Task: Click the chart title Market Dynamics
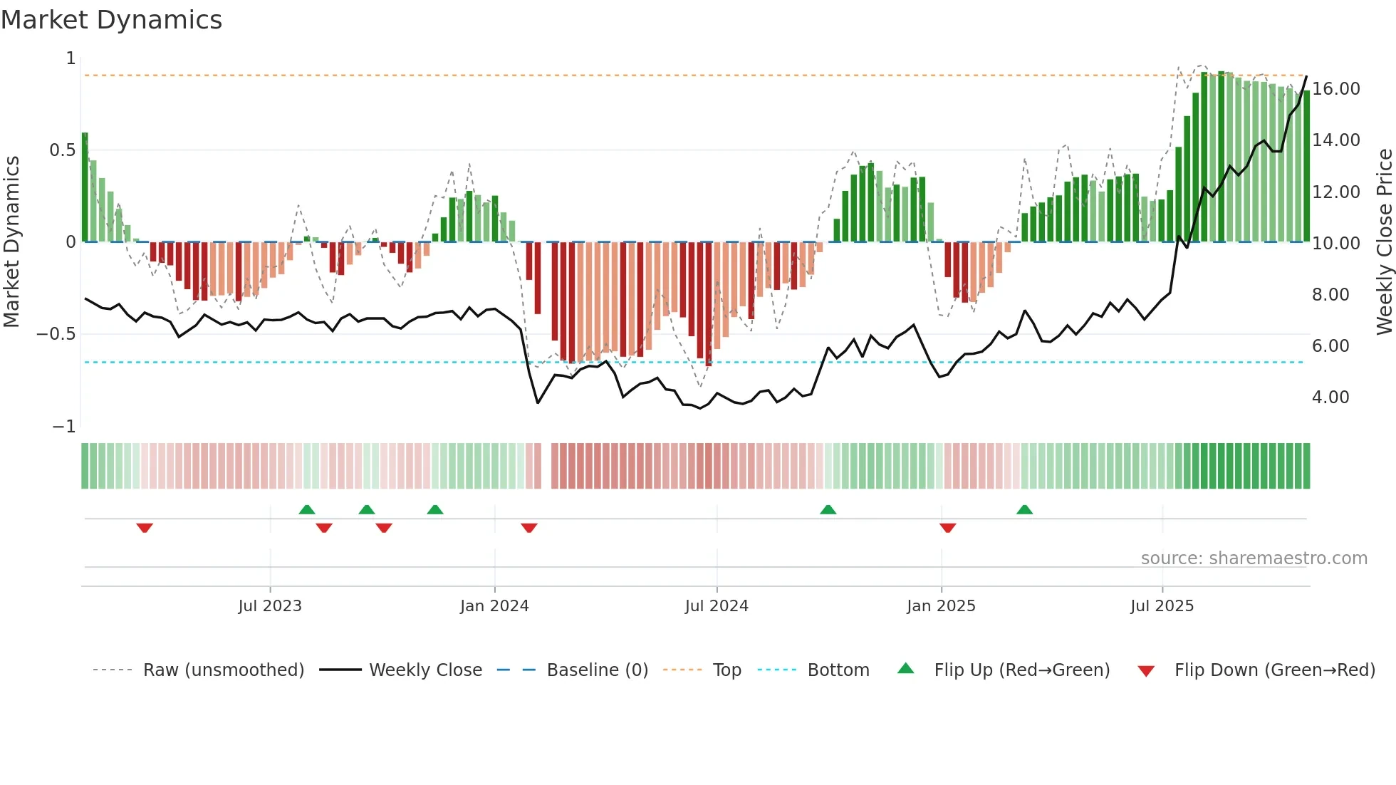pyautogui.click(x=111, y=20)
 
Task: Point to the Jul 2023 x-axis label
pyautogui.click(x=270, y=606)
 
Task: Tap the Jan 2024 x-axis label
pyautogui.click(x=494, y=606)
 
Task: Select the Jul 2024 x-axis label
pyautogui.click(x=717, y=606)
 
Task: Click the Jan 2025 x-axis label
pyautogui.click(x=941, y=606)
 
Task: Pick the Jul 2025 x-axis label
pyautogui.click(x=1162, y=606)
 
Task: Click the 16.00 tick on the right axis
pyautogui.click(x=1336, y=89)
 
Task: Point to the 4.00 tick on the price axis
pyautogui.click(x=1330, y=397)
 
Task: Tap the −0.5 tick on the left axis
pyautogui.click(x=56, y=334)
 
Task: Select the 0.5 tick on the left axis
pyautogui.click(x=62, y=150)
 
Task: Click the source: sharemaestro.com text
pyautogui.click(x=1254, y=558)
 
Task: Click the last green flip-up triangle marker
pyautogui.click(x=1024, y=510)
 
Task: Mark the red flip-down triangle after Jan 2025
pyautogui.click(x=947, y=528)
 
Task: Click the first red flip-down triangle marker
pyautogui.click(x=145, y=528)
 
